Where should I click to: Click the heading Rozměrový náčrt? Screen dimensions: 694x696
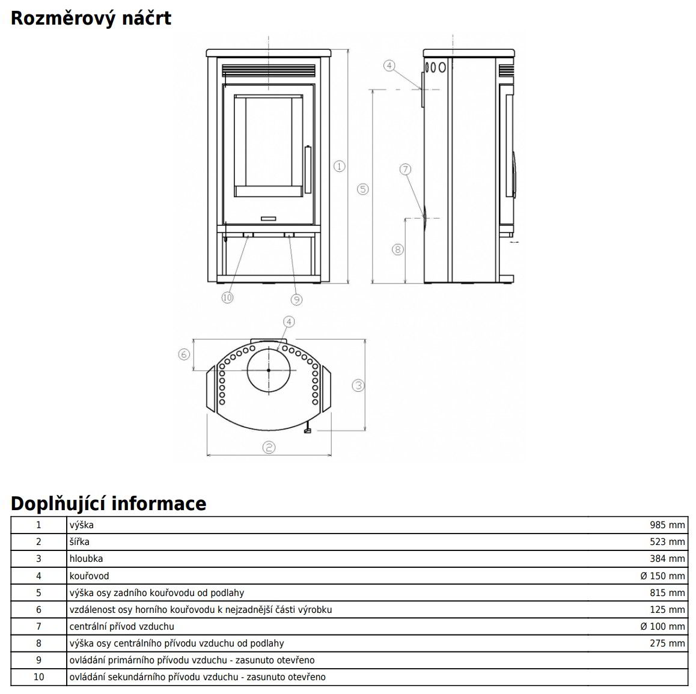coord(91,18)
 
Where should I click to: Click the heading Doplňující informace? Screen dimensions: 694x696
coord(108,503)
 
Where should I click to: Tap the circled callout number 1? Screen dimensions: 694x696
coord(340,166)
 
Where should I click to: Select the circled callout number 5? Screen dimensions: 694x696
coord(362,189)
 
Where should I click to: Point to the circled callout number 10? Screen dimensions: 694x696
coord(227,297)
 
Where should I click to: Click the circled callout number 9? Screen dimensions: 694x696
coord(296,299)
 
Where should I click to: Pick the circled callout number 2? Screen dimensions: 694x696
coord(269,447)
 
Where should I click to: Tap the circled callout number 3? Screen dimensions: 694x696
coord(358,385)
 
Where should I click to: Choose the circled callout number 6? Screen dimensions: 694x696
coord(185,355)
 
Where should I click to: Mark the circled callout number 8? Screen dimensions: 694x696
coord(397,249)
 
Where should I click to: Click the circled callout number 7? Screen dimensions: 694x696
coord(405,169)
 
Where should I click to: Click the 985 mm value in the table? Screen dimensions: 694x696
coord(667,525)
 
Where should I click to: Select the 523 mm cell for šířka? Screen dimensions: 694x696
coord(667,541)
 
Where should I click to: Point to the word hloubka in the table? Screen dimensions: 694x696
coord(86,558)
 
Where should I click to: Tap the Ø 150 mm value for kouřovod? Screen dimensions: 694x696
coord(662,576)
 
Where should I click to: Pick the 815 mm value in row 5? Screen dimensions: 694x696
coord(667,592)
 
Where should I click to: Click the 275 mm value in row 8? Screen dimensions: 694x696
coord(667,643)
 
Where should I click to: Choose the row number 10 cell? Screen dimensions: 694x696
coord(39,677)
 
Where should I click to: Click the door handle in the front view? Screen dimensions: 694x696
coord(308,169)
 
